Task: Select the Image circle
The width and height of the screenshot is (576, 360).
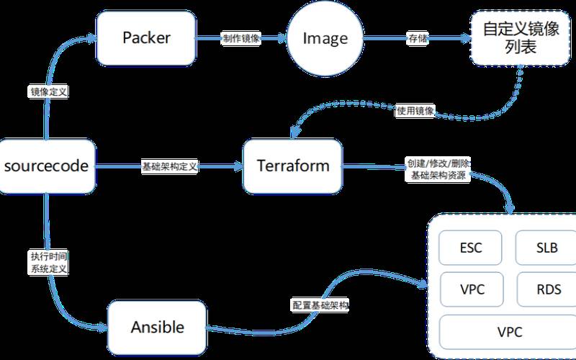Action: [x=324, y=38]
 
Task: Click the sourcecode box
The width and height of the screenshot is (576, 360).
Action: [x=46, y=166]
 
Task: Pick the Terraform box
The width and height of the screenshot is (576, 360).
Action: [x=293, y=166]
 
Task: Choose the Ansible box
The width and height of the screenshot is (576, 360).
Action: [x=157, y=328]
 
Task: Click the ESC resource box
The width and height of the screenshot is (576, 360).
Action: [x=470, y=249]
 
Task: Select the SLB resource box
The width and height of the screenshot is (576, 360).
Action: [x=546, y=249]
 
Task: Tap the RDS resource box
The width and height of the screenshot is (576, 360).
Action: [x=546, y=290]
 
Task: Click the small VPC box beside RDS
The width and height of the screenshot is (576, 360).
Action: [x=470, y=290]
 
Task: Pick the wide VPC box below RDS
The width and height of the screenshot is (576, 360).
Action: [x=508, y=332]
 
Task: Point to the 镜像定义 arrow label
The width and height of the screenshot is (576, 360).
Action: [x=48, y=92]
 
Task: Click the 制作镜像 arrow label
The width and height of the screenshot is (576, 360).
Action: [x=242, y=39]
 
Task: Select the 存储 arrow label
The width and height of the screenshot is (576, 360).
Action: [x=418, y=39]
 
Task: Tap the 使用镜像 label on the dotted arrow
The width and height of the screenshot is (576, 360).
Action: [x=415, y=111]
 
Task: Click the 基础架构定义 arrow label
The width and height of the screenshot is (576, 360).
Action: [x=169, y=166]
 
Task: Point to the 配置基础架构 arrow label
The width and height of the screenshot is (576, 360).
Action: [x=320, y=305]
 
